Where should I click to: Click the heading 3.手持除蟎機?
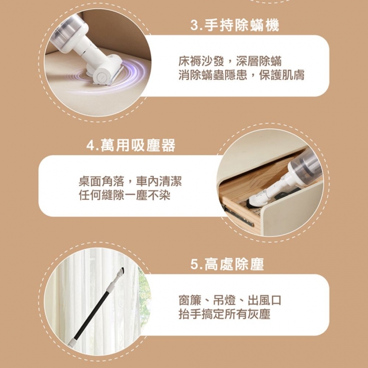[x=235, y=26]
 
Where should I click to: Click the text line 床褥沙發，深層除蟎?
[x=229, y=62]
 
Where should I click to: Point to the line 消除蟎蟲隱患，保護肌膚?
[x=241, y=75]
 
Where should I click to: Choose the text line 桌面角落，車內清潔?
[x=130, y=181]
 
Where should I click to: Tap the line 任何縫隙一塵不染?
[x=124, y=195]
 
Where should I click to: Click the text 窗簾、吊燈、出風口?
[x=229, y=301]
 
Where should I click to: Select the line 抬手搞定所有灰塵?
[x=224, y=314]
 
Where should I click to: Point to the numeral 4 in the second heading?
[x=90, y=146]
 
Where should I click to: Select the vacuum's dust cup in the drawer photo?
[x=305, y=164]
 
